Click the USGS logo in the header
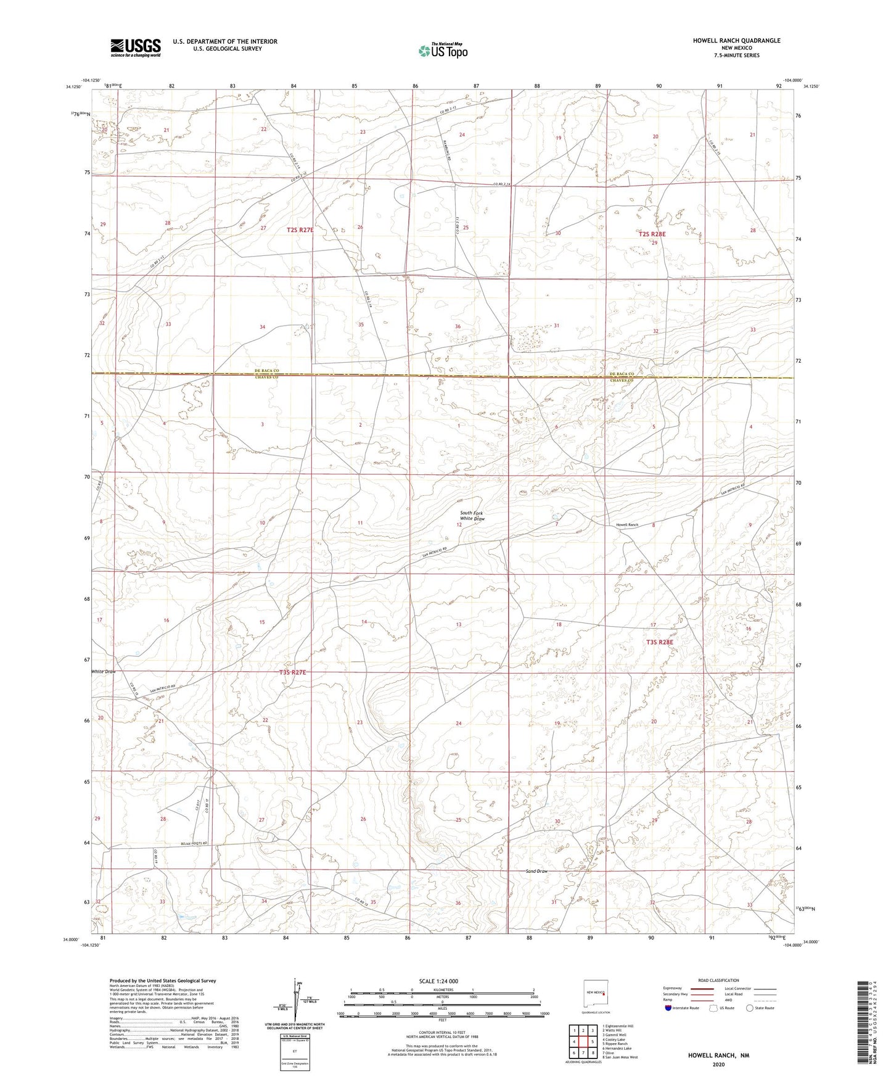[x=136, y=47]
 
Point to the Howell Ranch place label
[x=627, y=525]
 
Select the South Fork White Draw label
[x=472, y=516]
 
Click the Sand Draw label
[x=536, y=871]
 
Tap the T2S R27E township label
[x=300, y=230]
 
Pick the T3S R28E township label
[x=660, y=642]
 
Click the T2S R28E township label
[x=652, y=234]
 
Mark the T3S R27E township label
[x=292, y=672]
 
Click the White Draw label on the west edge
[x=103, y=671]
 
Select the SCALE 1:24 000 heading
[x=442, y=981]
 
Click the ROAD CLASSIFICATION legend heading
[x=718, y=980]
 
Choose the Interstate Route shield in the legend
[x=669, y=1009]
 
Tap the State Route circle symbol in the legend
[x=750, y=1009]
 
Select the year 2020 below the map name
[x=718, y=1064]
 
